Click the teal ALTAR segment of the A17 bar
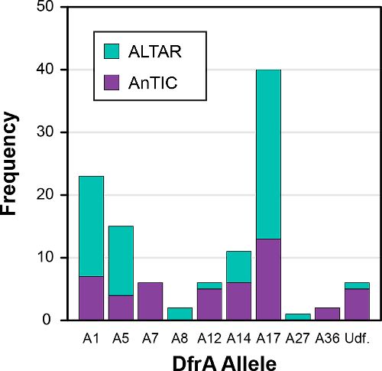click(268, 154)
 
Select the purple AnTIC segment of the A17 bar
click(268, 279)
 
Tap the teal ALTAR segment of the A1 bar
click(91, 226)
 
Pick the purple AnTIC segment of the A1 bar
click(91, 298)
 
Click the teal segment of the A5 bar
click(121, 260)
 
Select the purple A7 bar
click(150, 301)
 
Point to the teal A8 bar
click(180, 314)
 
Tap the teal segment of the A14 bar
click(238, 266)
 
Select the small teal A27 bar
click(298, 317)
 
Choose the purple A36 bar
click(327, 314)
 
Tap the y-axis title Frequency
click(11, 164)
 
